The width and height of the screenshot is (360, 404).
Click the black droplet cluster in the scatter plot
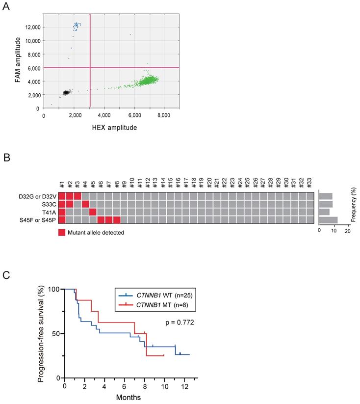pos(66,92)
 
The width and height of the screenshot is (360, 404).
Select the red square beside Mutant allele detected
pos(62,232)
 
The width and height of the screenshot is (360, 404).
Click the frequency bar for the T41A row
pos(324,212)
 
